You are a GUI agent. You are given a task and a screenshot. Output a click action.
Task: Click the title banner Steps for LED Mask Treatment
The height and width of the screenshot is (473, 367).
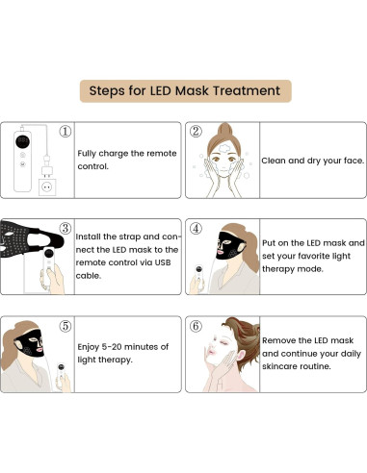[184, 91]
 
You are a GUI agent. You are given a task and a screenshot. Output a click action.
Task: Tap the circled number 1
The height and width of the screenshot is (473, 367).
[65, 132]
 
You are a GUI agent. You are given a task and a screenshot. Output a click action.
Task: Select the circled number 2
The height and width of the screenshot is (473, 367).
[196, 132]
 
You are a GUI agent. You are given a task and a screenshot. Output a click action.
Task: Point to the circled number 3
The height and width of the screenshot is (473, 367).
[65, 229]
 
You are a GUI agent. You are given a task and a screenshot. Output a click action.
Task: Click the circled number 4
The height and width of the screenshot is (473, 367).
[196, 229]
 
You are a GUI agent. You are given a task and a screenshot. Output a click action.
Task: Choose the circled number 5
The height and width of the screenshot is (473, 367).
[65, 326]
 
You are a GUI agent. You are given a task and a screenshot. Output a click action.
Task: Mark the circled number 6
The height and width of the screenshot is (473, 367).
[196, 326]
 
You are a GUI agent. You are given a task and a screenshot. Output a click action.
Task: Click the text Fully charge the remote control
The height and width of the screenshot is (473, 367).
[123, 159]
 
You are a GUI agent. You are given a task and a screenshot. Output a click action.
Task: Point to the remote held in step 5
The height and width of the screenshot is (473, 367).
[61, 370]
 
